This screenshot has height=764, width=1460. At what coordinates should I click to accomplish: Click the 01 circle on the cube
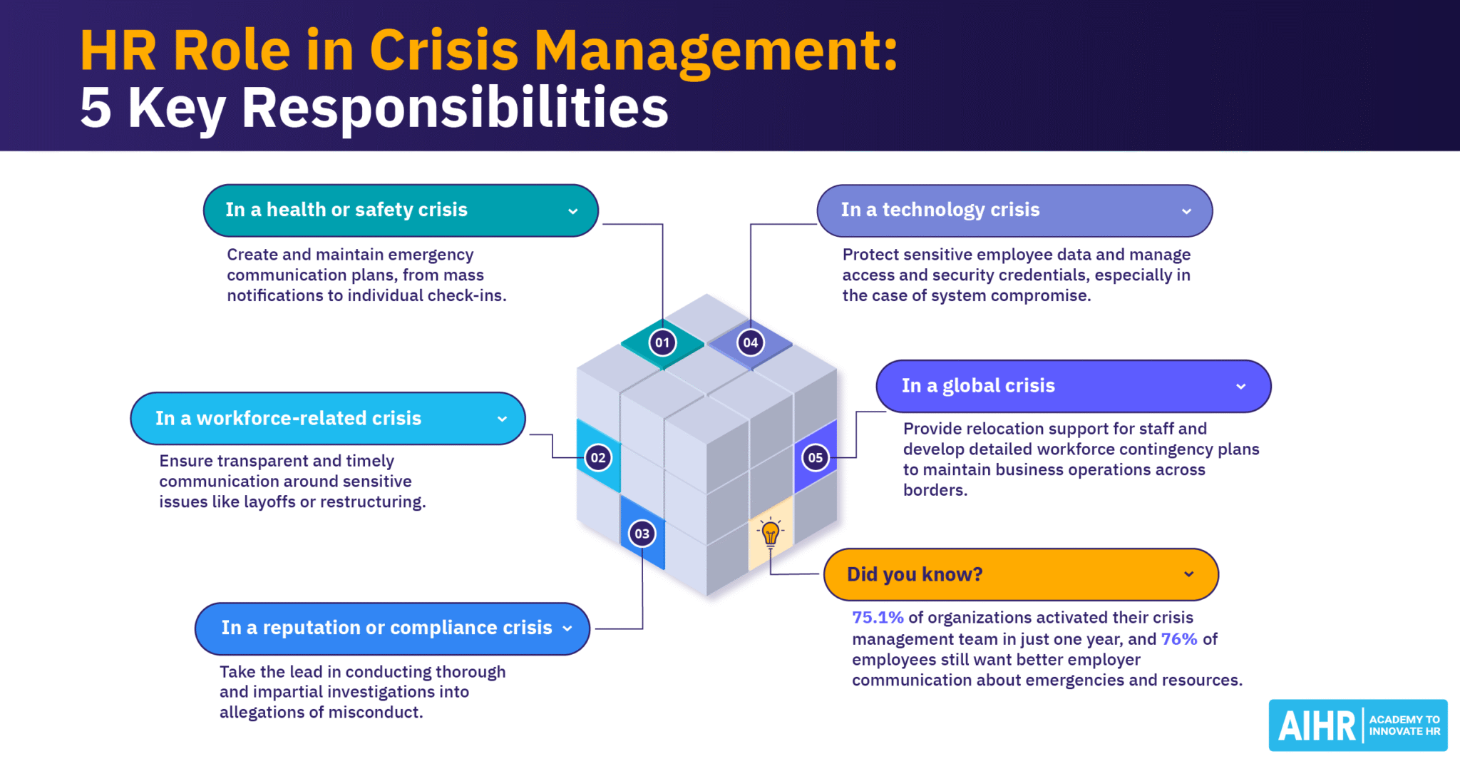(x=662, y=342)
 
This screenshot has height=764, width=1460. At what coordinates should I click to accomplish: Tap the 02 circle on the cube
(x=598, y=458)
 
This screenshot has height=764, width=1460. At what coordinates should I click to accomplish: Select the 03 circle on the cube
(x=642, y=534)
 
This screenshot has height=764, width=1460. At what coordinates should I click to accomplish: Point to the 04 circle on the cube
(x=750, y=342)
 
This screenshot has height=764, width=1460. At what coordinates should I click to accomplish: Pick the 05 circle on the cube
(x=815, y=458)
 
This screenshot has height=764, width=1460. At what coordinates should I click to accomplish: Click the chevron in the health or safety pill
(x=572, y=211)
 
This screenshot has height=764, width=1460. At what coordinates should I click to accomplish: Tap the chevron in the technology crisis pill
(x=1186, y=211)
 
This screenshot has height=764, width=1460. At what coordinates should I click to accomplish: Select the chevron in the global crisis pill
(x=1240, y=387)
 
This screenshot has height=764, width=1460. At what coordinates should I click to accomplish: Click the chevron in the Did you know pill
(x=1188, y=574)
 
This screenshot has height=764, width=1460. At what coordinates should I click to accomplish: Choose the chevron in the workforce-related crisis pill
(x=502, y=419)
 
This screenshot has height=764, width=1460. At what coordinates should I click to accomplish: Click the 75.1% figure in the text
(x=878, y=618)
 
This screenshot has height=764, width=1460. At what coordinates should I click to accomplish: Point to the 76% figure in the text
(x=1178, y=639)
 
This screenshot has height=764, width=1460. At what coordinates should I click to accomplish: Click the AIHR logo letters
(x=1316, y=726)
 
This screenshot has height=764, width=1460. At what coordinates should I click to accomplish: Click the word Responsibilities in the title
(x=455, y=108)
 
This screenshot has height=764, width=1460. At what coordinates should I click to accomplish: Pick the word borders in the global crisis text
(x=935, y=491)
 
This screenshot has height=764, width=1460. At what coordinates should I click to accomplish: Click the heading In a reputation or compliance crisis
(x=386, y=628)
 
